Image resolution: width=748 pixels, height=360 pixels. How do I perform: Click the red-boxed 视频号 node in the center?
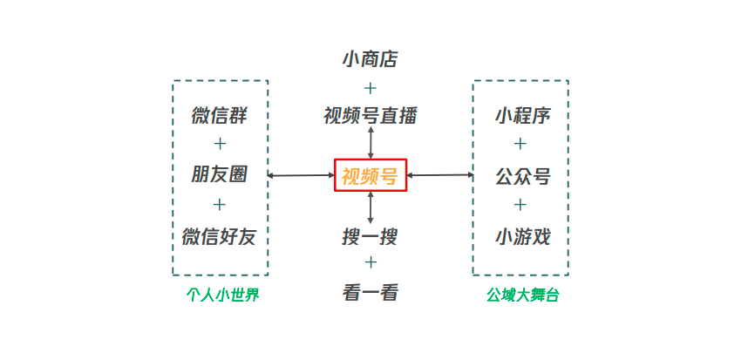[x=371, y=176]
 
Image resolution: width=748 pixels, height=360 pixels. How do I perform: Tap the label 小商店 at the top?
[x=371, y=59]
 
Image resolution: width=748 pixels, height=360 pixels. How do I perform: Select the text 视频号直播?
[x=371, y=115]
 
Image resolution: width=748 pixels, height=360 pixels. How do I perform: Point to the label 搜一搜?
[x=371, y=236]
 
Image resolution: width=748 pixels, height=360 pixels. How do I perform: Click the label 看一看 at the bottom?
[x=371, y=293]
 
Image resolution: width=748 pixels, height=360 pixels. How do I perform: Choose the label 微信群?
[x=219, y=115]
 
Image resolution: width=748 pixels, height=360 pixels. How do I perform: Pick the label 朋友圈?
[x=219, y=174]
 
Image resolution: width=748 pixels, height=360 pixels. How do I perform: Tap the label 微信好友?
[x=219, y=236]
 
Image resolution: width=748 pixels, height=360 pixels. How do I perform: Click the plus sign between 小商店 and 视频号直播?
[x=371, y=88]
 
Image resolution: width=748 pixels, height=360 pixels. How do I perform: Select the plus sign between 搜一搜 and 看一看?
[x=371, y=263]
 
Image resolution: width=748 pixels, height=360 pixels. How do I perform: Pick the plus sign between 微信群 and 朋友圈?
[x=219, y=144]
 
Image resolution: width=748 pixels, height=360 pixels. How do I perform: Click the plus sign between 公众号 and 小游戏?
[x=520, y=205]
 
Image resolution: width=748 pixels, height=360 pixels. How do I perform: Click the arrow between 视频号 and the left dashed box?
[x=302, y=175]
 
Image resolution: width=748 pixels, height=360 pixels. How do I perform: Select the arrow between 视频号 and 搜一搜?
[x=371, y=207]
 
